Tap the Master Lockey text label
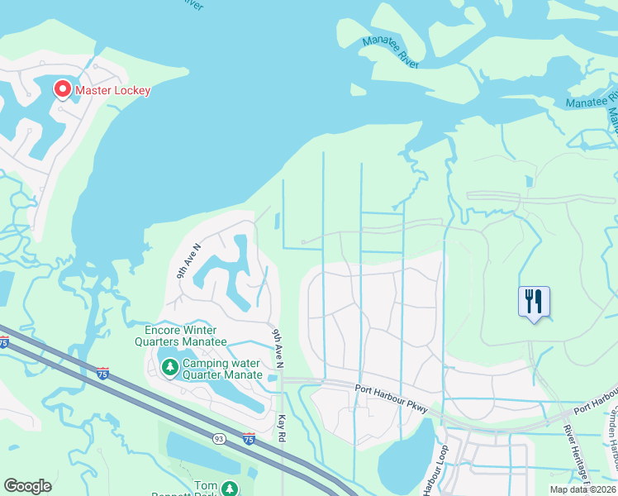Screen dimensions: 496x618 113,90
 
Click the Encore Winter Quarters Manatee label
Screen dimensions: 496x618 181,336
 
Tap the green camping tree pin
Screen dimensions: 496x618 169,365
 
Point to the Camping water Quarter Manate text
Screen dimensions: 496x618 221,369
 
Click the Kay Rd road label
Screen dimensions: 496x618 281,427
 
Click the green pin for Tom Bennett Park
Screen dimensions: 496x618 229,489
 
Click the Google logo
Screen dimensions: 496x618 27,486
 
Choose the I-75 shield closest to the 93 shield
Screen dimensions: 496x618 249,437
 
